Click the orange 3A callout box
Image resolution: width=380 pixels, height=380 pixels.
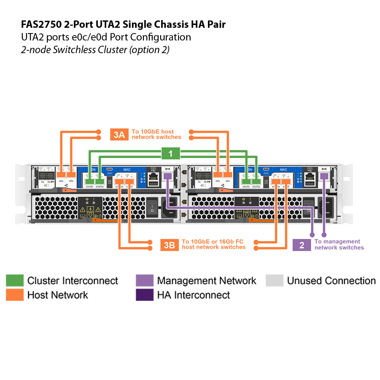tap(119, 134)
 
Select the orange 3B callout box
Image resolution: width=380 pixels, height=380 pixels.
tap(170, 245)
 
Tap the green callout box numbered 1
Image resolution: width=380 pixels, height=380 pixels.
tap(171, 153)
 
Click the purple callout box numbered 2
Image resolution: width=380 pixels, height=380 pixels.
tap(302, 245)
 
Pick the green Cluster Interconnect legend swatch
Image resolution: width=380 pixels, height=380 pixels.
tap(15, 280)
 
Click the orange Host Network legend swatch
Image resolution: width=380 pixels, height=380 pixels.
tap(15, 295)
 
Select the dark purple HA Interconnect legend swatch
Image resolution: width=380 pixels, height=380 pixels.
tap(145, 295)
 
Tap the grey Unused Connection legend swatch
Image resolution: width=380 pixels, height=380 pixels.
tap(274, 280)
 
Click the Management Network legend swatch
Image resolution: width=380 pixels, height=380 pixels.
tap(145, 280)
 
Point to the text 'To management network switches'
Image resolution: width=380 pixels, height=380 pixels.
tap(339, 245)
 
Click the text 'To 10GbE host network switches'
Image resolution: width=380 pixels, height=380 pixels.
tap(156, 134)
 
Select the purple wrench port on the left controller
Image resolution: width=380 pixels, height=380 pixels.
tap(168, 176)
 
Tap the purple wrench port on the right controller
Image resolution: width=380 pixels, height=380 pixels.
tap(324, 176)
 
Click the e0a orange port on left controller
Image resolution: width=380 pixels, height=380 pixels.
tap(62, 175)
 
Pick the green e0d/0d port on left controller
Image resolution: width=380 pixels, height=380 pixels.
tap(100, 182)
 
